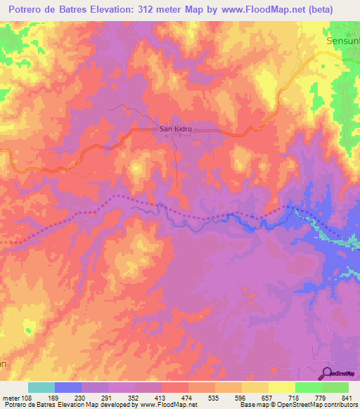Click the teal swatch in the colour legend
[x=41, y=387]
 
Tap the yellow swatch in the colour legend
[x=281, y=387]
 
